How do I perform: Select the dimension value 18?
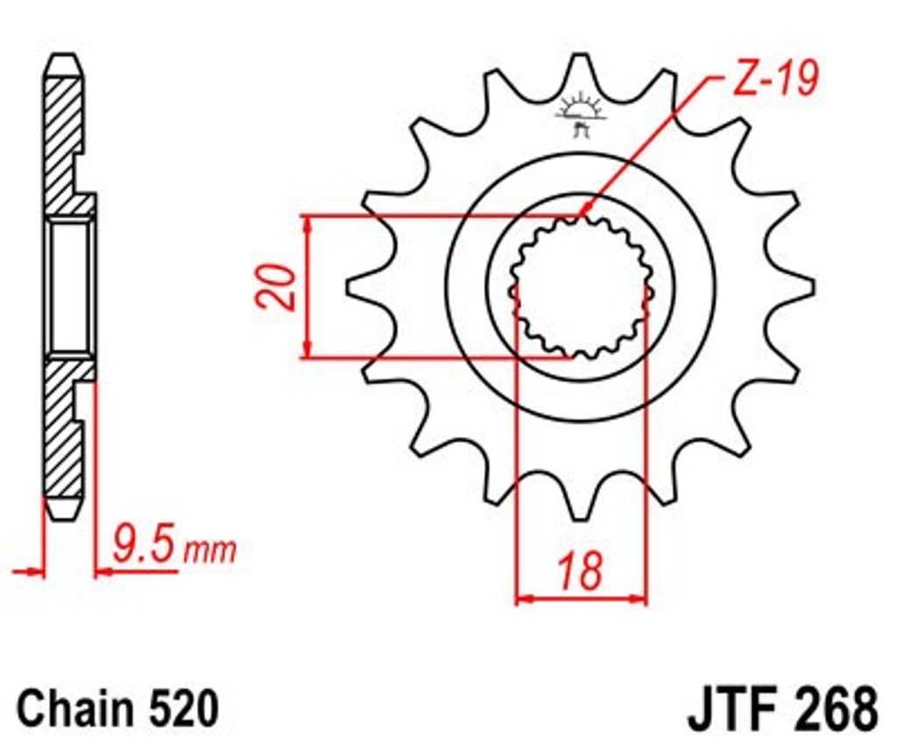coord(582,571)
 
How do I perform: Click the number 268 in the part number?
coord(832,709)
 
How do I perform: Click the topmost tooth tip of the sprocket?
coord(581,56)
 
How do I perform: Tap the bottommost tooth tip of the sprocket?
coord(581,517)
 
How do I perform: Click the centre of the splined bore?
coord(581,287)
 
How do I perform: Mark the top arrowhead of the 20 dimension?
coord(307,225)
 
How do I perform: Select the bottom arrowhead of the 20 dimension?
coord(307,350)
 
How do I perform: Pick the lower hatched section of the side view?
coord(63,430)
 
